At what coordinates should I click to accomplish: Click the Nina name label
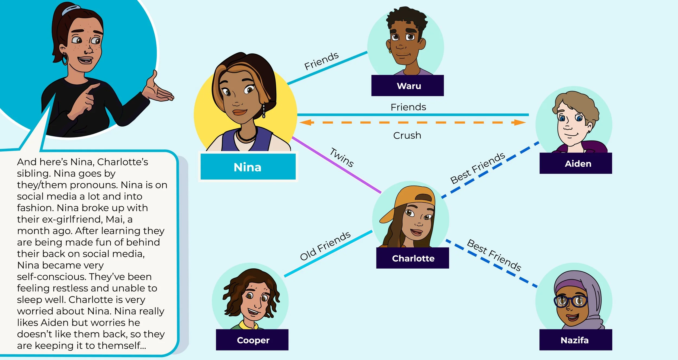pyautogui.click(x=248, y=167)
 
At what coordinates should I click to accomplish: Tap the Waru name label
pyautogui.click(x=408, y=86)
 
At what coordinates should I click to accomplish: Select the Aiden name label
pyautogui.click(x=578, y=164)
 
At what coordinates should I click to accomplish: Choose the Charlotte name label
pyautogui.click(x=413, y=258)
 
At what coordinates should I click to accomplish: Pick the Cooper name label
pyautogui.click(x=253, y=340)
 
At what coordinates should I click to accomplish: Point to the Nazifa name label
pyautogui.click(x=574, y=340)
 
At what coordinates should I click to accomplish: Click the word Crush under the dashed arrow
pyautogui.click(x=407, y=135)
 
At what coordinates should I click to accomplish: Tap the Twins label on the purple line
pyautogui.click(x=342, y=157)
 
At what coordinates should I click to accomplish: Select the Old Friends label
pyautogui.click(x=325, y=246)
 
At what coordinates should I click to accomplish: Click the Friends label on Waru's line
pyautogui.click(x=321, y=61)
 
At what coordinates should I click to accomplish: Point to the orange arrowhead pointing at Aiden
pyautogui.click(x=519, y=123)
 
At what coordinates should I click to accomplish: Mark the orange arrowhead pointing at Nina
pyautogui.click(x=306, y=123)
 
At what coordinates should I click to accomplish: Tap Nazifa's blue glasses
pyautogui.click(x=571, y=301)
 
